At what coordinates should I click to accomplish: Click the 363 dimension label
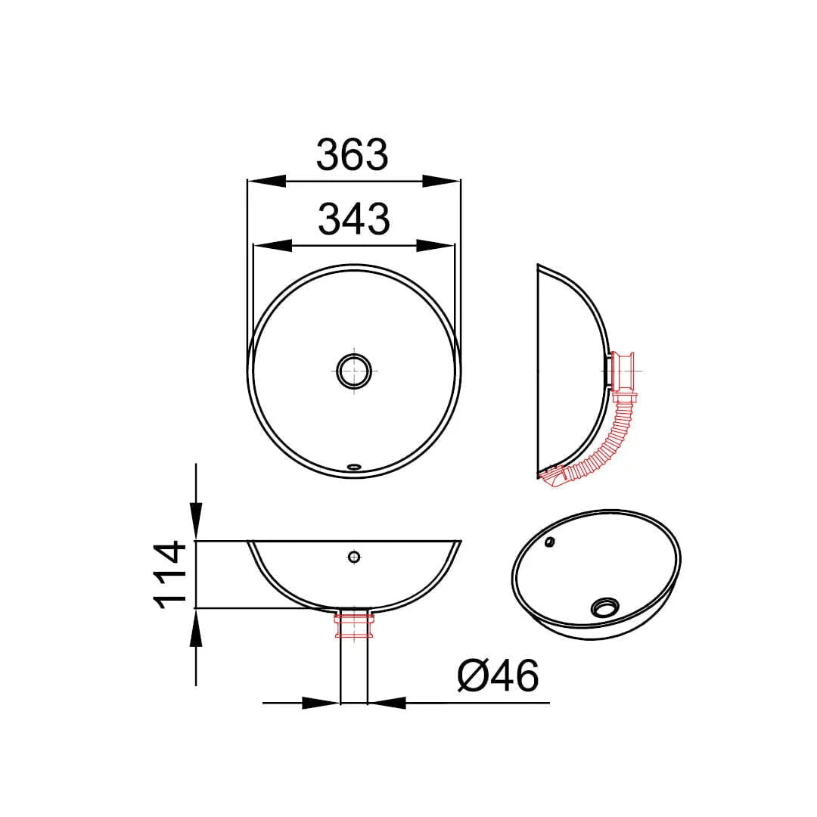click(353, 155)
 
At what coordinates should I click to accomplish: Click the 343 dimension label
click(354, 219)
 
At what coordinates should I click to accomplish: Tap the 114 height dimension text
click(170, 575)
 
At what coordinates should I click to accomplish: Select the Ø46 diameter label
click(498, 676)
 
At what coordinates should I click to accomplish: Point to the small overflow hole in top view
click(354, 466)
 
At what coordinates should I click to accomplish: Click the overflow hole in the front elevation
click(354, 557)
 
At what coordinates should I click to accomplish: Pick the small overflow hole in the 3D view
click(549, 542)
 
